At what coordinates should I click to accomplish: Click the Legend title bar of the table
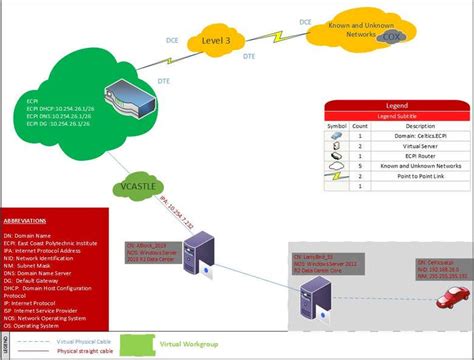point(396,105)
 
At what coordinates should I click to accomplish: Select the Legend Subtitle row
point(396,115)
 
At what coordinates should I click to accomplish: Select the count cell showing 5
point(360,166)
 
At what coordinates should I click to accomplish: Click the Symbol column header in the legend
point(337,126)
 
